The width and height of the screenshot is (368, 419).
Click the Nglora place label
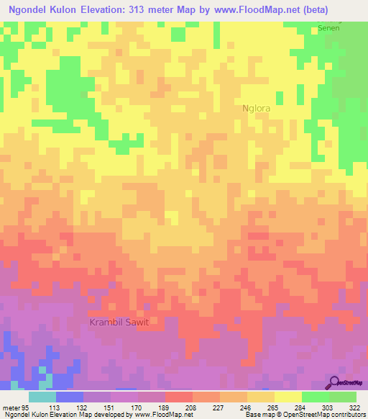tap(257, 109)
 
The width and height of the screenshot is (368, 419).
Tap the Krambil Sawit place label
tap(119, 322)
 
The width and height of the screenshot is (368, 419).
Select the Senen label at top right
tap(328, 27)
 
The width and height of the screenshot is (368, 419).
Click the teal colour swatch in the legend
tap(42, 396)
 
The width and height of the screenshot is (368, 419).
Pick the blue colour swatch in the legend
tap(70, 396)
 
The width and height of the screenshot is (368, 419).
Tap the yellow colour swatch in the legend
tap(288, 396)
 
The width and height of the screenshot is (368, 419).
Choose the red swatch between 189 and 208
tap(179, 396)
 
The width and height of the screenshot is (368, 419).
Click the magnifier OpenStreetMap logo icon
tap(336, 382)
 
